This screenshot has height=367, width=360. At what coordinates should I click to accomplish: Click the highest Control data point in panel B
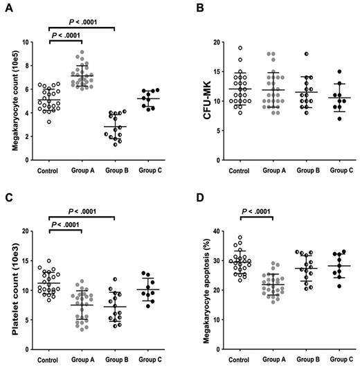point(240,48)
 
